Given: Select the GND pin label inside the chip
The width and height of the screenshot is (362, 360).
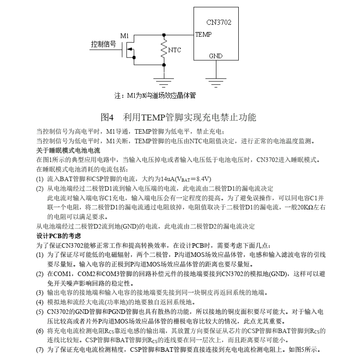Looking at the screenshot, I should point(215,56).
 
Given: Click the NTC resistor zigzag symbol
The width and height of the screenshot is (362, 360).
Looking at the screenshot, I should point(164,49).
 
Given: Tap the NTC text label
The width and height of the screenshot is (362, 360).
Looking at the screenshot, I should point(175,50).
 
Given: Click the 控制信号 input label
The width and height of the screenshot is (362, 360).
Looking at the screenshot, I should point(103,45).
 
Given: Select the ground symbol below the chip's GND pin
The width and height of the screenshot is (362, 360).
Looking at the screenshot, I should point(216,81).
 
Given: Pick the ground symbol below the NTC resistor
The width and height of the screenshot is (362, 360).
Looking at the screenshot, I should point(163,81).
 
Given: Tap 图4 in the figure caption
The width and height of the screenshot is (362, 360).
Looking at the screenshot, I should point(110,117).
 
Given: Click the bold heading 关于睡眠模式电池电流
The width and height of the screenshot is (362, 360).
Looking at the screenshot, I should point(68,150).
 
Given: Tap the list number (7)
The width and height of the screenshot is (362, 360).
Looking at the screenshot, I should point(40,350).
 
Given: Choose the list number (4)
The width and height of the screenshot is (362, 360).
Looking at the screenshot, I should point(40,302).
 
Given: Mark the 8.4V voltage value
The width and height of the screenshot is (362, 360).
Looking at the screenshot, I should point(202,178).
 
